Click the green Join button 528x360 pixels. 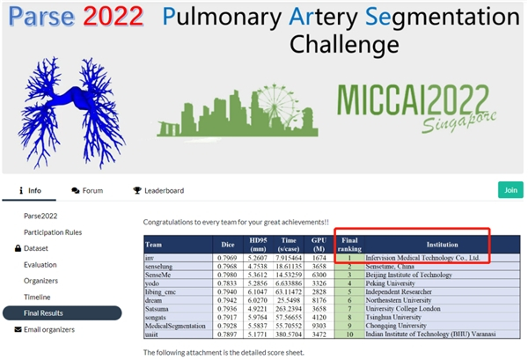click(x=509, y=189)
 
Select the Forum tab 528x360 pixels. click(x=87, y=190)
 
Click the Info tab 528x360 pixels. click(x=30, y=190)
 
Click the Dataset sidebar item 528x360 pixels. click(x=43, y=248)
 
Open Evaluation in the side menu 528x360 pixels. click(x=40, y=264)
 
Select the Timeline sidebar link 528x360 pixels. click(x=37, y=297)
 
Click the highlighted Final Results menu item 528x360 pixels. click(x=49, y=312)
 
